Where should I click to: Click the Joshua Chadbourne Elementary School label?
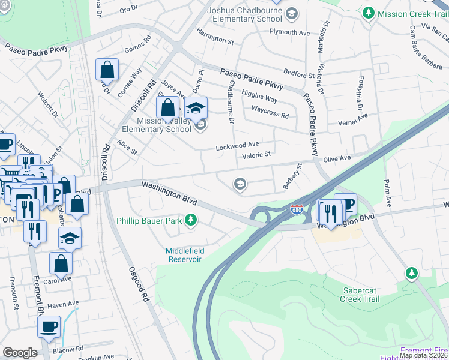click(x=244, y=14)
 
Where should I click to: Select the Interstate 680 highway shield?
click(x=296, y=210)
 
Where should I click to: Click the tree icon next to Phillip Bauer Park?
click(x=191, y=221)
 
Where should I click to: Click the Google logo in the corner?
click(x=20, y=353)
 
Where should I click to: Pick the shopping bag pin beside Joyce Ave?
click(x=169, y=108)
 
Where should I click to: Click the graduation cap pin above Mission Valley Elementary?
click(x=195, y=108)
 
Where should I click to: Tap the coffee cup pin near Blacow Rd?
click(x=49, y=327)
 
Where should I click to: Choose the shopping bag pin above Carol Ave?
click(x=61, y=263)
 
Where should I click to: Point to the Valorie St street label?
click(x=257, y=155)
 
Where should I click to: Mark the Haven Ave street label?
click(x=62, y=304)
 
